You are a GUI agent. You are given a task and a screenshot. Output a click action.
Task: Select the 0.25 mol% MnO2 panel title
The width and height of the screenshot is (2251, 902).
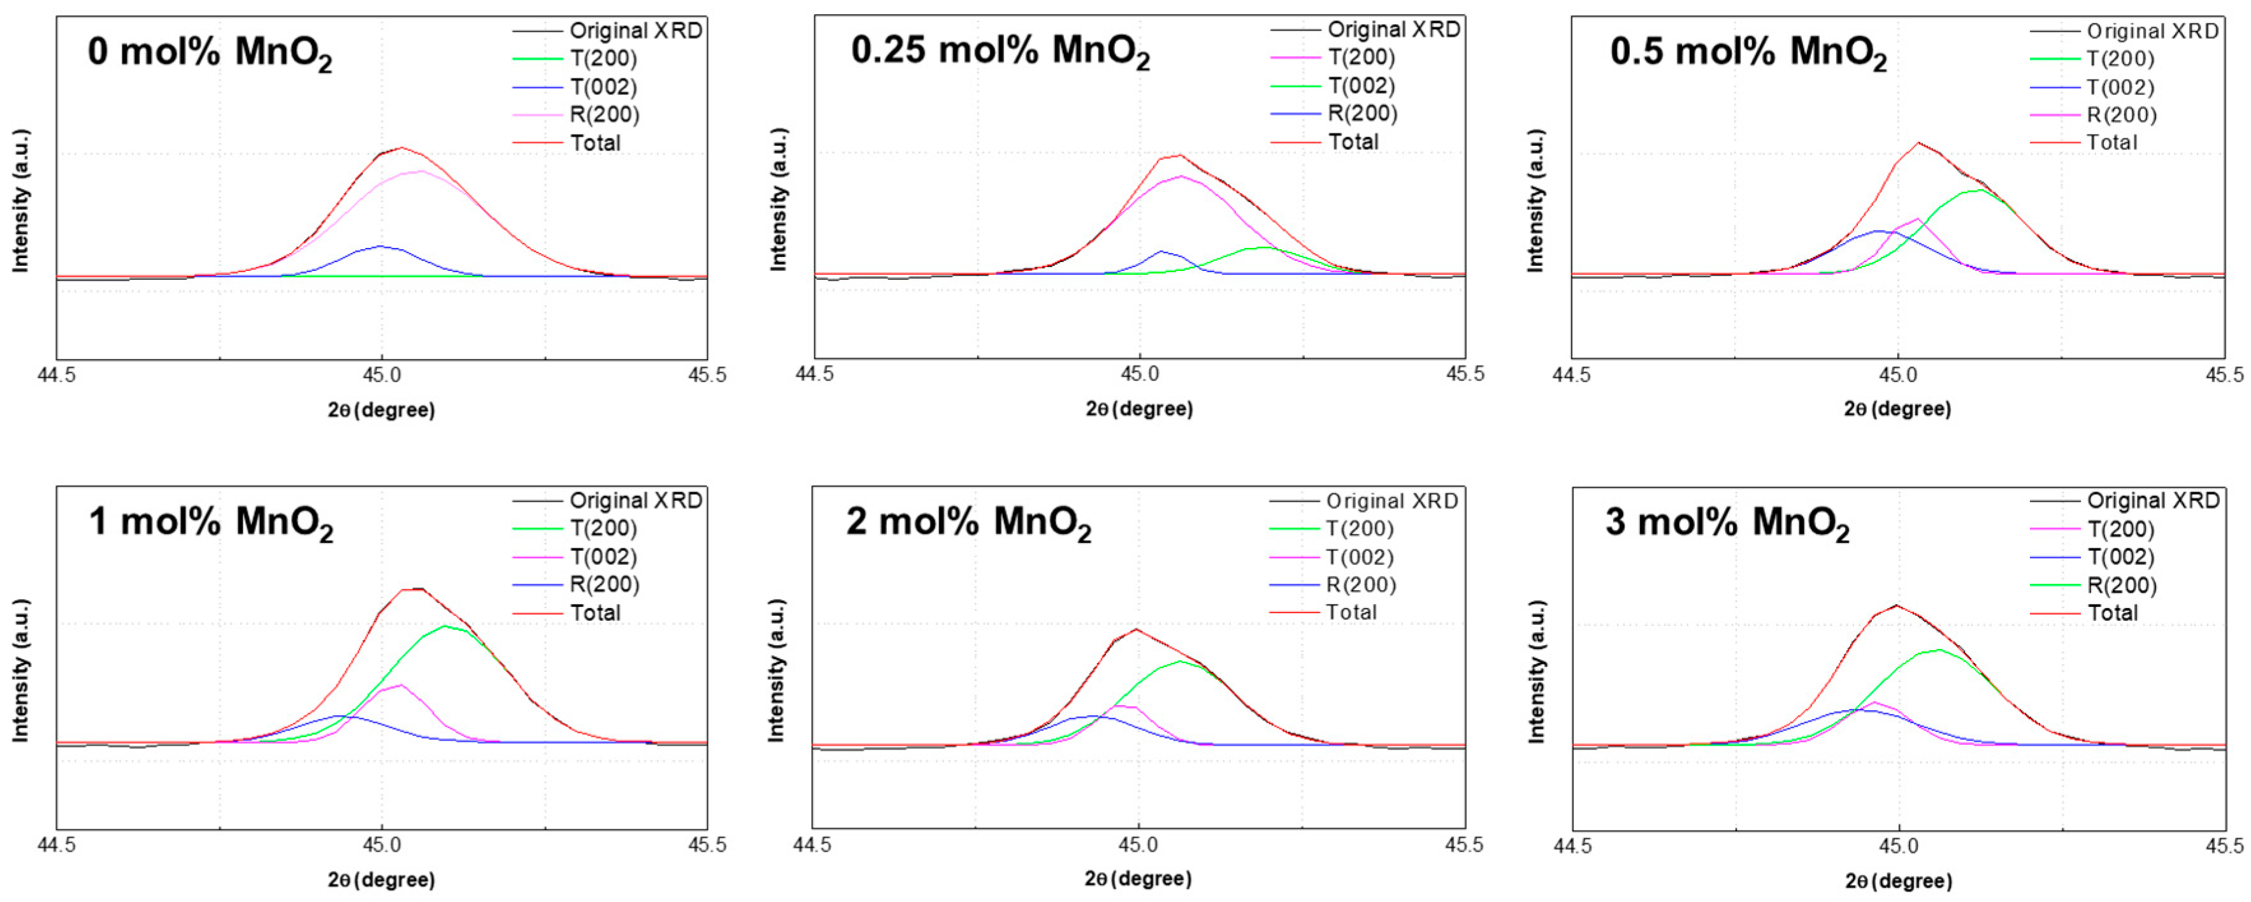[x=1000, y=52]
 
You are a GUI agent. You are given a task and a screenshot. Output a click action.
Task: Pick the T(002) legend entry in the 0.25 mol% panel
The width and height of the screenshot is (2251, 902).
[x=1360, y=85]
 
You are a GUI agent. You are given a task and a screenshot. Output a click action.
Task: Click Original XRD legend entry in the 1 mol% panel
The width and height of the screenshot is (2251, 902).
[x=635, y=500]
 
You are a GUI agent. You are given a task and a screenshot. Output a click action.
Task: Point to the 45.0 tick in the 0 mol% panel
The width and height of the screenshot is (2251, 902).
[x=381, y=375]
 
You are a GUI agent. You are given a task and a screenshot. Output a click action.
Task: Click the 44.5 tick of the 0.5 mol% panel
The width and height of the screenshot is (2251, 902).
[x=1571, y=375]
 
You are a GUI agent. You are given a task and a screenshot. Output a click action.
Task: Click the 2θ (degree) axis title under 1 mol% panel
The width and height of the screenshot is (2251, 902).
[x=381, y=879]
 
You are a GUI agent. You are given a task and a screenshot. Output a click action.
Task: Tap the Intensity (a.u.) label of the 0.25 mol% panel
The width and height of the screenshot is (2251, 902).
[x=778, y=200]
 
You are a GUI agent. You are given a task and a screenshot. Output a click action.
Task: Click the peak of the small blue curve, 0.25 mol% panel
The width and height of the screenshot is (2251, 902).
[x=1162, y=252]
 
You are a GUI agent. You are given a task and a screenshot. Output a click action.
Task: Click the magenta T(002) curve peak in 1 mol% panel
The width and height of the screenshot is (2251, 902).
[x=400, y=685]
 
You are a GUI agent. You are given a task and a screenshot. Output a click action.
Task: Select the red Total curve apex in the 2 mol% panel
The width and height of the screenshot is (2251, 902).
[x=1135, y=629]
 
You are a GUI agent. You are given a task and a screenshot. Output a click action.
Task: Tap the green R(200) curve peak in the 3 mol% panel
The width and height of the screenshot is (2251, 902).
[x=1938, y=650]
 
